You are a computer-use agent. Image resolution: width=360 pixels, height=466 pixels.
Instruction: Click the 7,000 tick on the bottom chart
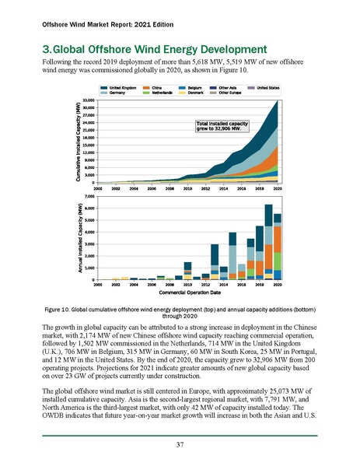click(x=88, y=197)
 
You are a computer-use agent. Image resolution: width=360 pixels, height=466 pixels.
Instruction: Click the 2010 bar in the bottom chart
click(x=187, y=271)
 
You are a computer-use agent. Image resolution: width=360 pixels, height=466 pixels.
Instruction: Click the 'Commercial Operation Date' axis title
click(x=187, y=293)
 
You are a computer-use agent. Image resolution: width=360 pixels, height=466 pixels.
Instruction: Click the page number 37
click(x=180, y=445)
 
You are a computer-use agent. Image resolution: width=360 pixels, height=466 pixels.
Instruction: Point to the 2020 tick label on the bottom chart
click(x=278, y=285)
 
